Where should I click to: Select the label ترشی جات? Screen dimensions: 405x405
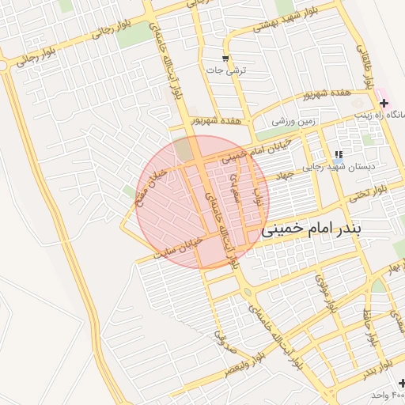(x=226, y=70)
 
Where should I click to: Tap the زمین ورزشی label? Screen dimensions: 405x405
(x=293, y=122)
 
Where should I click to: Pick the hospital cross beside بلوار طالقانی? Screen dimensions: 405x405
(x=384, y=103)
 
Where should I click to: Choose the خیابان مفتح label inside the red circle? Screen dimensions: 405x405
(x=151, y=183)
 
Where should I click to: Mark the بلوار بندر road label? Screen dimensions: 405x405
(x=255, y=194)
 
